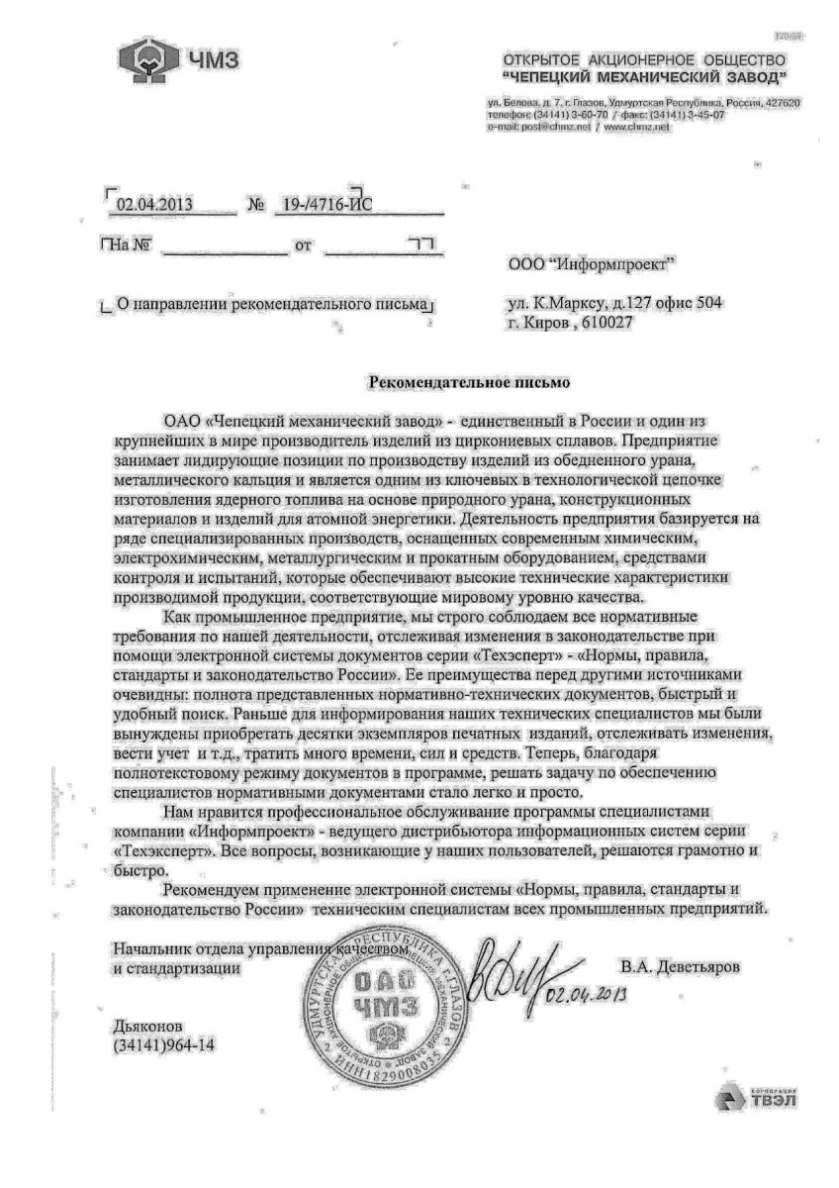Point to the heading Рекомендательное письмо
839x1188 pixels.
(470, 380)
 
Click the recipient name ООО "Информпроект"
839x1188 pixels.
(591, 264)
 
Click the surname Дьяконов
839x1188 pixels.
(148, 1027)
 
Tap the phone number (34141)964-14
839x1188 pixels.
(164, 1045)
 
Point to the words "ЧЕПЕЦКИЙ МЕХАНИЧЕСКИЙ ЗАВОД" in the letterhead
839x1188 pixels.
(645, 76)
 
